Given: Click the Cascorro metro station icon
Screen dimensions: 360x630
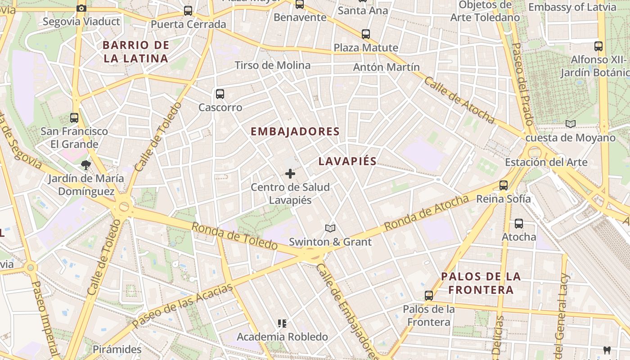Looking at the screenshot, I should (220, 94).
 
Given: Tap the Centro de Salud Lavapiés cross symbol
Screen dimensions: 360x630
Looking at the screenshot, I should (290, 173).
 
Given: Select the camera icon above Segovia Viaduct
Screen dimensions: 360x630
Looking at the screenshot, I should (81, 8).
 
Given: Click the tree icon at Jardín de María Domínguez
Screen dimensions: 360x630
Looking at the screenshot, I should (86, 165).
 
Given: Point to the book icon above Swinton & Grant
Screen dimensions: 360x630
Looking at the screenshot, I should (330, 229).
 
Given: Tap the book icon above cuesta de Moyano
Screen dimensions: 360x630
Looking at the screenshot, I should (570, 124).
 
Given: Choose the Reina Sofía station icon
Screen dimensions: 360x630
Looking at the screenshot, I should (504, 185).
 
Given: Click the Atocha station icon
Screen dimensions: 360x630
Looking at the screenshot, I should (519, 223).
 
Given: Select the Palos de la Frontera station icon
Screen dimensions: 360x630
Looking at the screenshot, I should (429, 296).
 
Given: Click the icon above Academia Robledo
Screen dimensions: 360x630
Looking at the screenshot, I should (282, 323).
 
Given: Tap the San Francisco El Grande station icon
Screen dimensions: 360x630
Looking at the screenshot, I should (74, 118).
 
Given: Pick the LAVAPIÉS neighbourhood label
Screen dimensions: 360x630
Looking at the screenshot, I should (347, 162).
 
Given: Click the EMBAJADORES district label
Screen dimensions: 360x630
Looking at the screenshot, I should (295, 131).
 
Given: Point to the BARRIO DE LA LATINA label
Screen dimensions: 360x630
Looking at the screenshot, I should (135, 52).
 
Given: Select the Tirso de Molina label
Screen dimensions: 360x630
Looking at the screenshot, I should (273, 65).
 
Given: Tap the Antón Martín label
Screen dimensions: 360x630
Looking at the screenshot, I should (387, 67).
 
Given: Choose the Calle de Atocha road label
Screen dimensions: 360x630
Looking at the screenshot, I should (459, 100).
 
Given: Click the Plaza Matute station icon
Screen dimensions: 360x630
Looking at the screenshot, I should (366, 34).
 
